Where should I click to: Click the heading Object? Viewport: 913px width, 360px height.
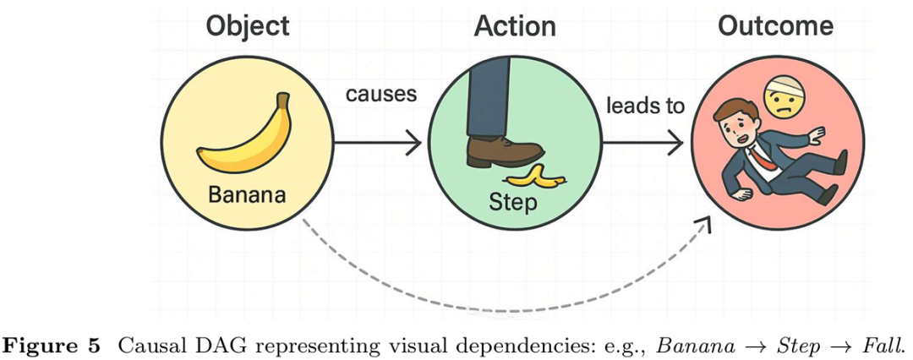click(247, 25)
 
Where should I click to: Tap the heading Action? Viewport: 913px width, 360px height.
click(514, 25)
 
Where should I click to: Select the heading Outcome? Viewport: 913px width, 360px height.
click(775, 25)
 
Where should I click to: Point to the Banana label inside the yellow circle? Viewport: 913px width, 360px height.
click(246, 195)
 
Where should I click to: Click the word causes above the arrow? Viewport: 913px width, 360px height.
click(380, 93)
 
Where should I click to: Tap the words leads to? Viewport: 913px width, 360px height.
click(645, 106)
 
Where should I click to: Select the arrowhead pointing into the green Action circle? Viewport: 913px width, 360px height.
click(414, 144)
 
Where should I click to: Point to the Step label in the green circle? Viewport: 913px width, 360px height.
click(513, 203)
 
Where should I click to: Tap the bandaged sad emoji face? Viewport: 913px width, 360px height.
click(784, 94)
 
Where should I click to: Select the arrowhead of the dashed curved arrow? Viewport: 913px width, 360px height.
click(703, 223)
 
